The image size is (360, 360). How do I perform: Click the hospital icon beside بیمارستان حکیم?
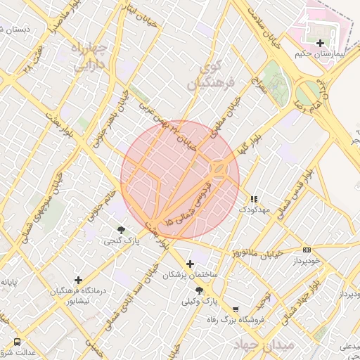321,44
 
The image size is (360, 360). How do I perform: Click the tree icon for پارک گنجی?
122,230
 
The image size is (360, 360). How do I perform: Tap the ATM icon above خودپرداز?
307,250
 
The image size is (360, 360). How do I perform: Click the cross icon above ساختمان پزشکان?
190,264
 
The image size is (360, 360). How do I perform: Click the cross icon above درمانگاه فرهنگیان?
78,279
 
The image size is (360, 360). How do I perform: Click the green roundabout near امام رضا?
308,94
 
